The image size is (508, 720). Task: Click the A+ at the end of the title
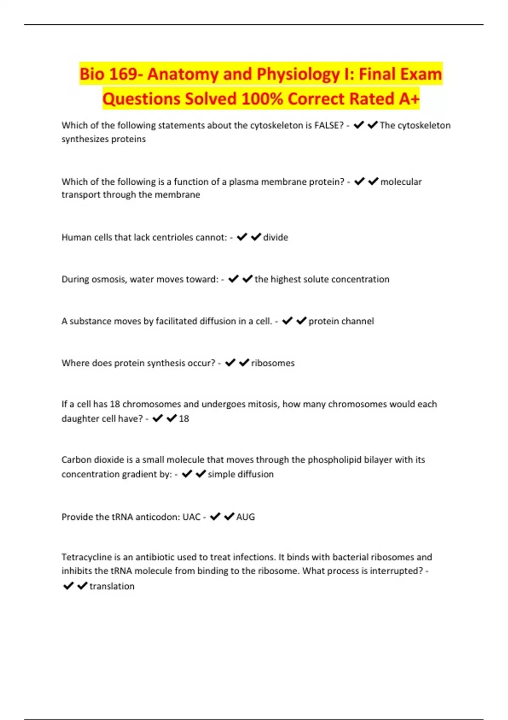[409, 99]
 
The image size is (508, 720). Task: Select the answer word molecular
[401, 182]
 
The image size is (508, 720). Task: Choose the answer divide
[276, 237]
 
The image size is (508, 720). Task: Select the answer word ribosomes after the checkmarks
[273, 363]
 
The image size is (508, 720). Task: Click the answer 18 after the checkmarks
[184, 418]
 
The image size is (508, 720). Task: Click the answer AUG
[246, 517]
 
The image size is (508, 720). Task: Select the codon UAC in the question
[191, 517]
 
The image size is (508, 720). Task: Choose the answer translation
[112, 586]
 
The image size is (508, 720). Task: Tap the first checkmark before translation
[68, 586]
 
